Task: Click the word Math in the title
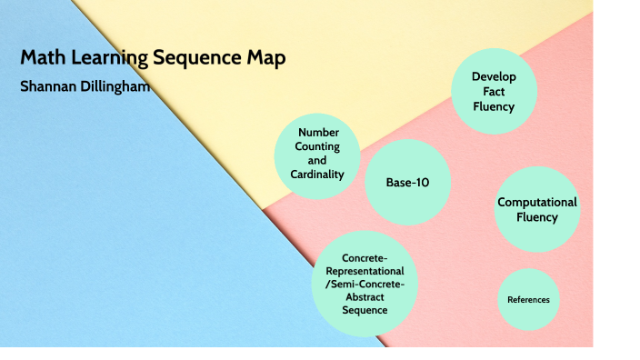pos(41,59)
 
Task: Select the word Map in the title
pos(264,59)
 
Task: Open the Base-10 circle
pos(407,183)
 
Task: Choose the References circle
pos(528,299)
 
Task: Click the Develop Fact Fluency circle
pos(494,91)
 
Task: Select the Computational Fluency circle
pos(536,209)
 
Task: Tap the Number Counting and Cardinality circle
pos(317,155)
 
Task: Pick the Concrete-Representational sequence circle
pos(364,285)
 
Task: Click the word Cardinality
pos(317,174)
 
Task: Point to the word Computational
pos(536,202)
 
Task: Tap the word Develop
pos(494,76)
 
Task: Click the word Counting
pos(317,146)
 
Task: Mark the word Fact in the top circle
pos(494,91)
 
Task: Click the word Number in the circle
pos(317,132)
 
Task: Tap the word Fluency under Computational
pos(536,217)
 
